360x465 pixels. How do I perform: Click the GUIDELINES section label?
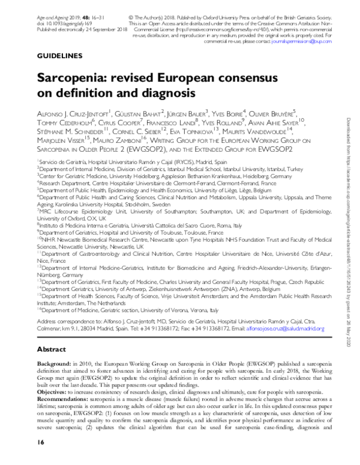click(x=60, y=56)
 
